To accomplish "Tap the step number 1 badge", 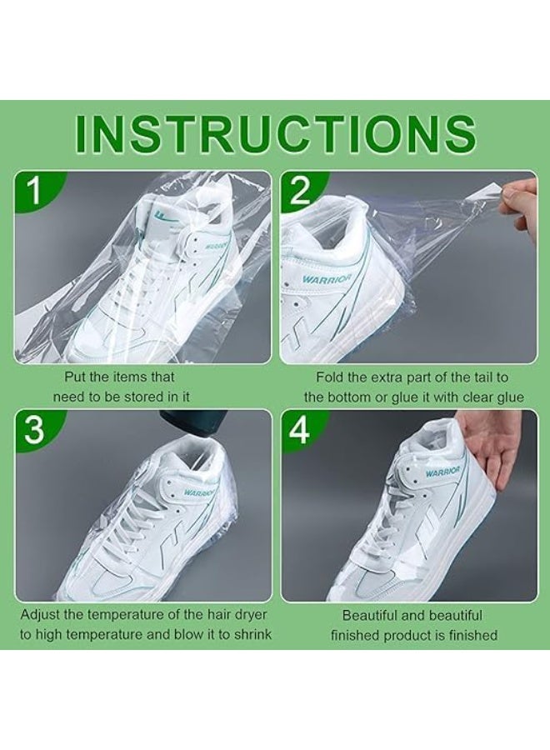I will (x=33, y=191).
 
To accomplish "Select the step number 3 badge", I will (x=33, y=430).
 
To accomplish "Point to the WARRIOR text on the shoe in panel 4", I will (x=442, y=472).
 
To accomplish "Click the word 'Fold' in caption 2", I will (x=330, y=377).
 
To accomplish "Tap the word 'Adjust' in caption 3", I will (x=40, y=616).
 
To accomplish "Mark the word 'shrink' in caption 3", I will (x=250, y=635).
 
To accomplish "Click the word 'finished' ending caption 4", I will (x=470, y=635).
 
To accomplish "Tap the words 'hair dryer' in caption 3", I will (x=223, y=616).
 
